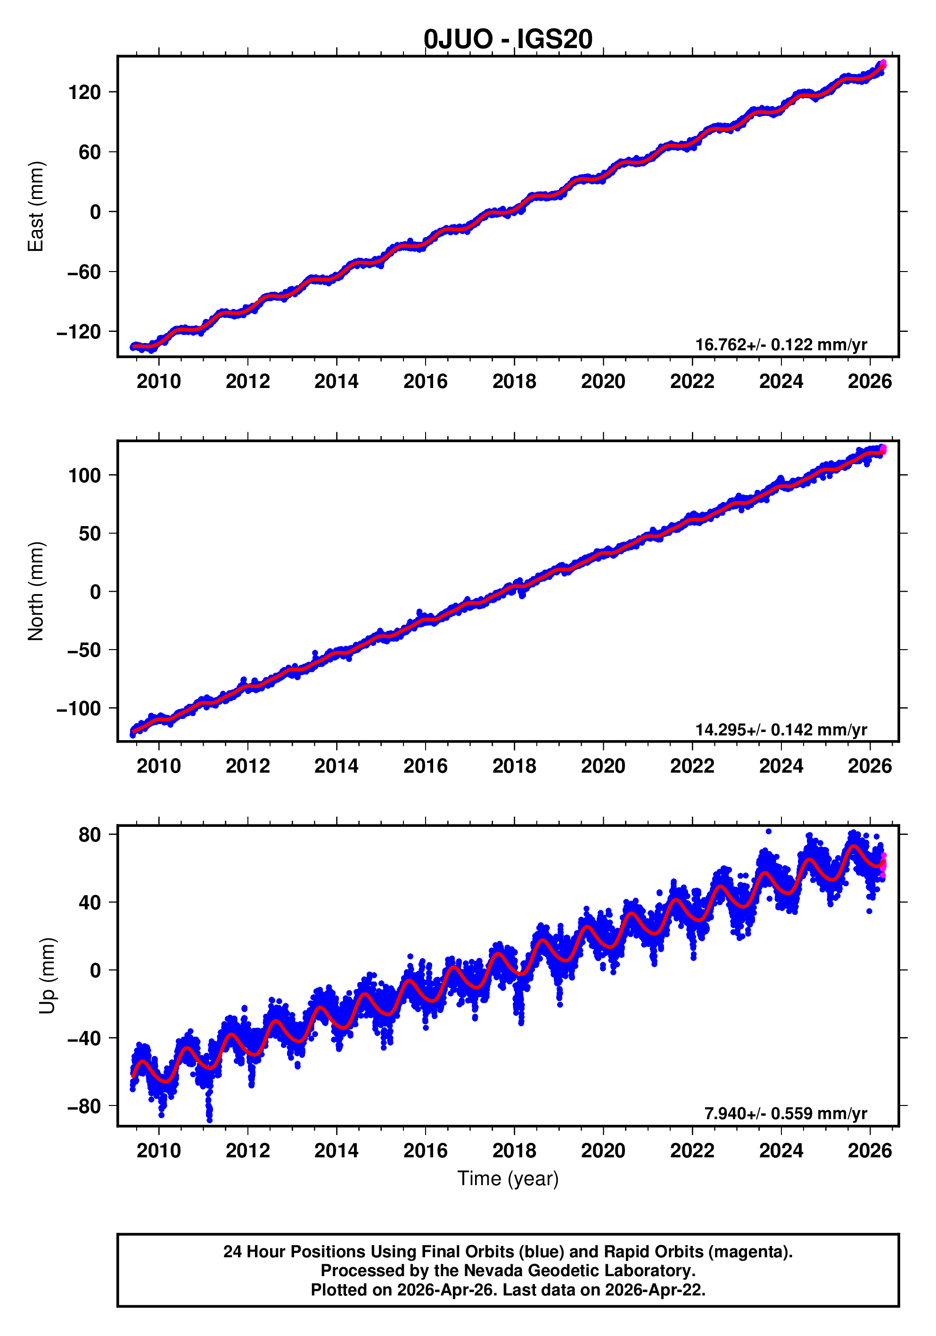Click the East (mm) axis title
point(36,206)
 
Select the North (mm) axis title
point(36,591)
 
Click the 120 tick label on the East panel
point(84,92)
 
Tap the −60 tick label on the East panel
point(84,272)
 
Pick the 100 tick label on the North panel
point(84,475)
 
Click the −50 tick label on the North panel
point(84,650)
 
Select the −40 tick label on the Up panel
point(84,1038)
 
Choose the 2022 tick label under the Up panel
point(692,1150)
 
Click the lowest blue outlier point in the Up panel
point(209,1120)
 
